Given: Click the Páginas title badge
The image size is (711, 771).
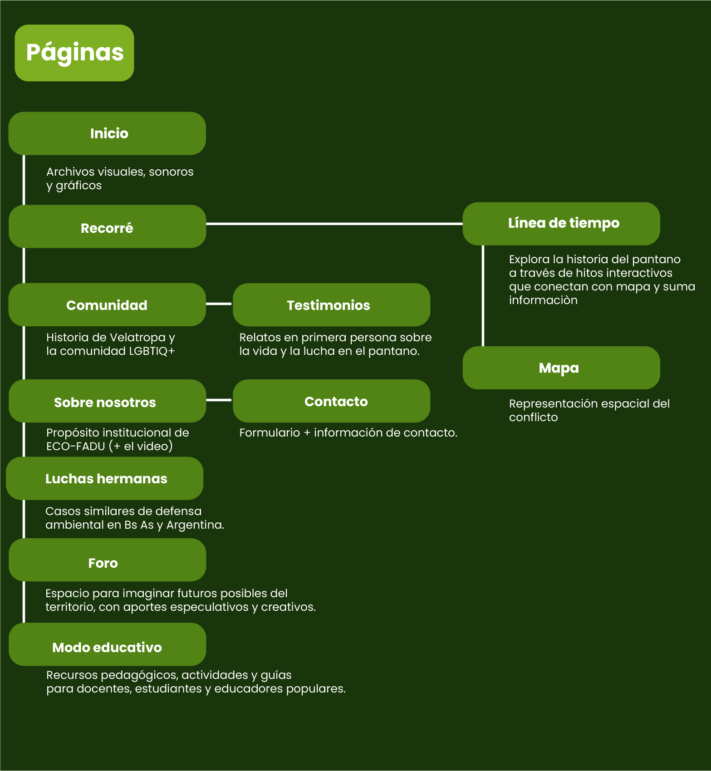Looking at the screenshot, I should [x=74, y=53].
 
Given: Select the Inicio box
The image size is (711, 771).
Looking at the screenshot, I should [x=107, y=133].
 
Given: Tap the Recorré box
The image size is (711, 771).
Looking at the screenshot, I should [x=107, y=227].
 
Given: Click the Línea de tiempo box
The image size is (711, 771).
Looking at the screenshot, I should [x=561, y=224].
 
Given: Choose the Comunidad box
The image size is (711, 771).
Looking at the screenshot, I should [x=107, y=305].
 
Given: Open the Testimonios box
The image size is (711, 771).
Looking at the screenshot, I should [x=331, y=305].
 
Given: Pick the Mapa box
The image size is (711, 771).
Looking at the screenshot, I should [x=561, y=368].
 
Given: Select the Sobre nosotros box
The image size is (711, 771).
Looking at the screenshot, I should [x=107, y=401].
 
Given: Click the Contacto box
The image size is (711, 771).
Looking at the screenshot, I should [x=331, y=401].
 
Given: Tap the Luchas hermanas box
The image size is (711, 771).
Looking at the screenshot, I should [x=105, y=479].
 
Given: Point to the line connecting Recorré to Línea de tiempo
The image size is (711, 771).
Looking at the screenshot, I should [x=334, y=224].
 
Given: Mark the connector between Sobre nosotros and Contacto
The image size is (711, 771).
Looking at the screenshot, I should [x=219, y=400].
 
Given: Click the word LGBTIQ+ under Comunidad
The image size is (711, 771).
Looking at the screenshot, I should [x=152, y=351].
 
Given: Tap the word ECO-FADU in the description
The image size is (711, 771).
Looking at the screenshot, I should [x=75, y=447].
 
